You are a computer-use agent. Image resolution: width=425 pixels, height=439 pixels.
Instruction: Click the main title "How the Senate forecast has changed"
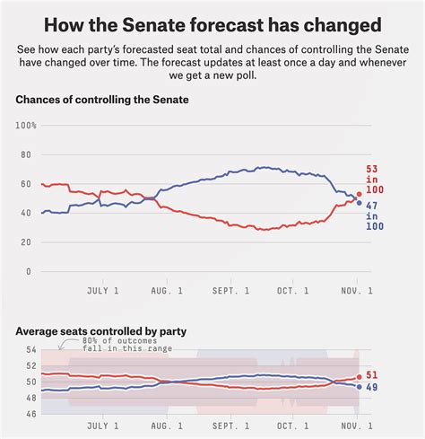212,25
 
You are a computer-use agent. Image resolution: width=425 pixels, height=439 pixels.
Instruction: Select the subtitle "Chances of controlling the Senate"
102,100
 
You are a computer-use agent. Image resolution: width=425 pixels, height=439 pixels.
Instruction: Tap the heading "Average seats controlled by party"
101,331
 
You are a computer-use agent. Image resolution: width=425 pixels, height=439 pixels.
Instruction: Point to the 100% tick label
26,126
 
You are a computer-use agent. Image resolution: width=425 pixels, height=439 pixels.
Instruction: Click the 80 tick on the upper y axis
26,154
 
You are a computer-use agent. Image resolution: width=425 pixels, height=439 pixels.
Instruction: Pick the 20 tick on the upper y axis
26,242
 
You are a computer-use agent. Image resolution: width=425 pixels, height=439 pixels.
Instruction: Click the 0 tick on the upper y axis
29,271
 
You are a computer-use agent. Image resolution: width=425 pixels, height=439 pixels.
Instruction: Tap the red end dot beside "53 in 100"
360,194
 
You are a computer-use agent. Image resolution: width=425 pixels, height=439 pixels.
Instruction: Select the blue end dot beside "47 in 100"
360,203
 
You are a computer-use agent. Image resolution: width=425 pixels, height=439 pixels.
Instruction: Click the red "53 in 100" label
375,180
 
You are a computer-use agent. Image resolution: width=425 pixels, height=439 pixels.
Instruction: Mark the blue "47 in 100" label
375,216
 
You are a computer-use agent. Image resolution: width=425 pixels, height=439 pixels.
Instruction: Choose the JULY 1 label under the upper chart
103,291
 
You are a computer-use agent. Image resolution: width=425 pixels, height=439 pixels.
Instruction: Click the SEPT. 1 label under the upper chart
230,291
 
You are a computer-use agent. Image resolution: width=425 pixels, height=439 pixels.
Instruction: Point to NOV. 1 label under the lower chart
357,426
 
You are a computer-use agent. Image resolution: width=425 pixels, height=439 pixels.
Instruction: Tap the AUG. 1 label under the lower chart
167,426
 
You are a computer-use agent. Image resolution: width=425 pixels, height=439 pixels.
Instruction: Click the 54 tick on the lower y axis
31,349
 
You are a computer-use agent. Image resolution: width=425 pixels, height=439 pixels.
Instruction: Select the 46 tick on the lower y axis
31,414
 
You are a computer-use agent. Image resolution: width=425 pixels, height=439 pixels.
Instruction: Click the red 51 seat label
372,375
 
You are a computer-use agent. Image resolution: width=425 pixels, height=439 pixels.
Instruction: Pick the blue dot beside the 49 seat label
360,387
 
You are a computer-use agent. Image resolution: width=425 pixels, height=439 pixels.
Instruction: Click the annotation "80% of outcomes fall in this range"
127,345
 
